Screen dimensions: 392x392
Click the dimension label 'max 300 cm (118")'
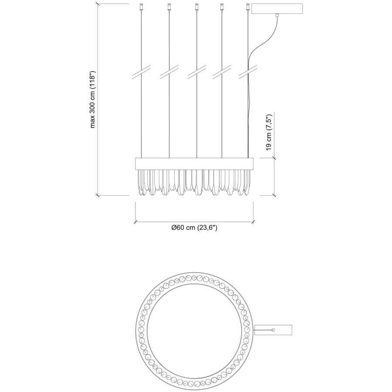92,99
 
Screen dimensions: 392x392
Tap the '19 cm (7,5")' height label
269,132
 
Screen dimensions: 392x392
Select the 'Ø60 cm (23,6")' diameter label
194,228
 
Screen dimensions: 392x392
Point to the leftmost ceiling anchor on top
142,7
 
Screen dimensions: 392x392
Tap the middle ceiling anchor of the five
196,7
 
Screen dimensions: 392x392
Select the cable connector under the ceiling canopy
277,15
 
